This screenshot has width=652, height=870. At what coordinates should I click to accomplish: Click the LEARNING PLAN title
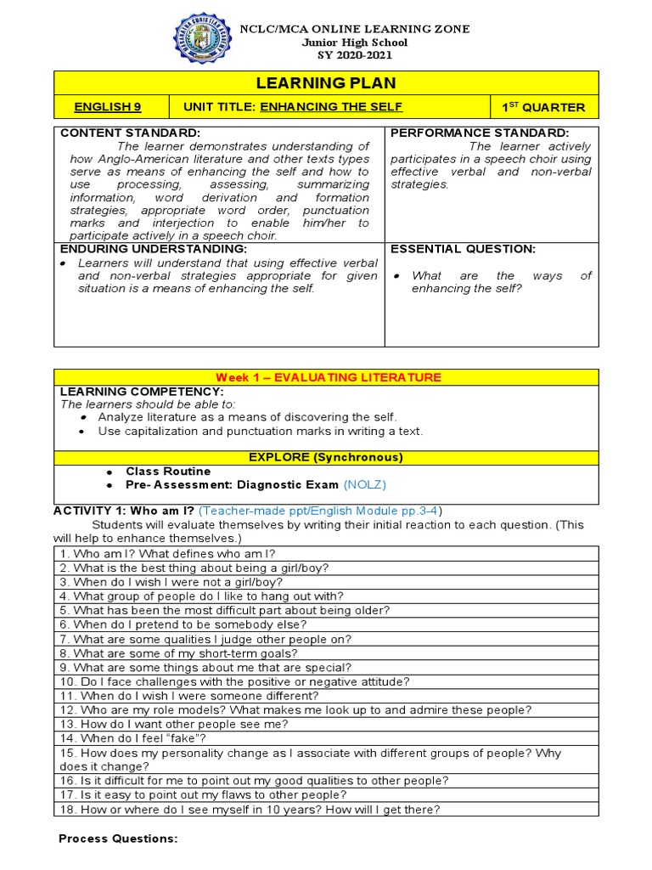[x=327, y=82]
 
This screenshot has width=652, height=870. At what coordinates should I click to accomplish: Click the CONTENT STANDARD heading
[x=130, y=133]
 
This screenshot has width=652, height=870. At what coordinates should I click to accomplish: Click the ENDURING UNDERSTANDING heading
[x=153, y=249]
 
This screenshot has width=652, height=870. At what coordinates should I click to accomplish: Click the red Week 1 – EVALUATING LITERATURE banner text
[x=327, y=377]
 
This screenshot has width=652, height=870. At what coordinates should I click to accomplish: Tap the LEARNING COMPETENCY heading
[x=142, y=391]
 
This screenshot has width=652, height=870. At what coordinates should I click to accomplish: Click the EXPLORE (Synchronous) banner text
[x=326, y=457]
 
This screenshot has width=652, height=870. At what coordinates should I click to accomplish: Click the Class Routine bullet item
[x=168, y=471]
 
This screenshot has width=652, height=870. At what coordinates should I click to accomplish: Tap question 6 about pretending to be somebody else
[x=183, y=624]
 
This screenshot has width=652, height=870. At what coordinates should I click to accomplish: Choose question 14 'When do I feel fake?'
[x=132, y=738]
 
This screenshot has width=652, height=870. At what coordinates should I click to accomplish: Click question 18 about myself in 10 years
[x=250, y=810]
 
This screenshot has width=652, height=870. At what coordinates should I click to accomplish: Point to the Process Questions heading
[x=118, y=839]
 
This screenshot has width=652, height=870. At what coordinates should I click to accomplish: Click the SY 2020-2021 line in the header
[x=344, y=55]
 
